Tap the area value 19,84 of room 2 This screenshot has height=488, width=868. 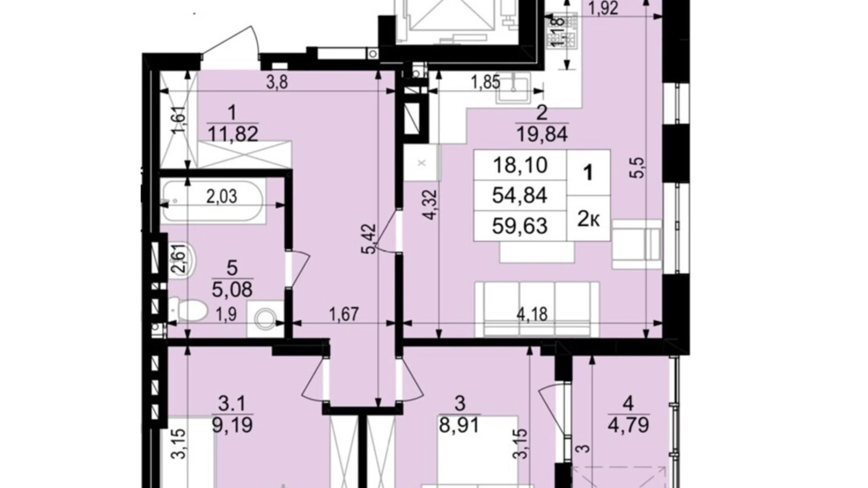tap(542, 135)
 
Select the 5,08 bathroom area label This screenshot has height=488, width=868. tap(232, 290)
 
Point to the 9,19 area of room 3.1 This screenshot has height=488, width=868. tap(232, 425)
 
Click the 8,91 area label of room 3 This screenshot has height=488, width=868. tap(460, 425)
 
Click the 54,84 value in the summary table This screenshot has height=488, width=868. tap(519, 195)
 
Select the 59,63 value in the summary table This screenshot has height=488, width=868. tap(519, 226)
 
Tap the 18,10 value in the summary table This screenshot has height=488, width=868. tap(520, 165)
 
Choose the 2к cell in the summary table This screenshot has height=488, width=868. tap(588, 219)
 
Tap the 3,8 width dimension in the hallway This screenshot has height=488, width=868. tap(277, 83)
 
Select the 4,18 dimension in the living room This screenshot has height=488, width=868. tap(532, 314)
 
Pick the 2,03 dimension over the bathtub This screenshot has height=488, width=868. tap(221, 196)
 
